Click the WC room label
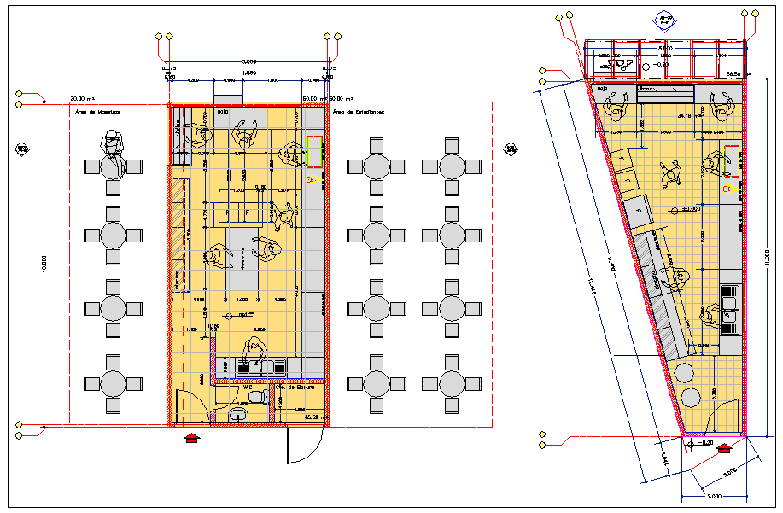point(247,387)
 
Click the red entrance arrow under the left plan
point(193,438)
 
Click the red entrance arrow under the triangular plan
point(726,447)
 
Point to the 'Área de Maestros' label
point(96,112)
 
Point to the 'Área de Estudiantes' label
point(358,112)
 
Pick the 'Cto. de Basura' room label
point(300,387)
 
